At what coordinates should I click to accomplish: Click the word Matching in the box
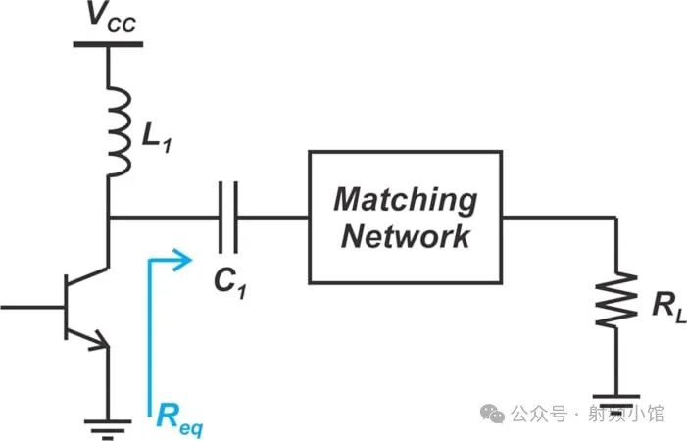pos(405,199)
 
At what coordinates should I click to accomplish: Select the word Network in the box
pos(405,236)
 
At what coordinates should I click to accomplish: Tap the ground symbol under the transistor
pos(108,425)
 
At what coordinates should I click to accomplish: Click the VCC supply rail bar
pos(109,43)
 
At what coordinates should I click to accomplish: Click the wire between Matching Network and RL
pos(559,217)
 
